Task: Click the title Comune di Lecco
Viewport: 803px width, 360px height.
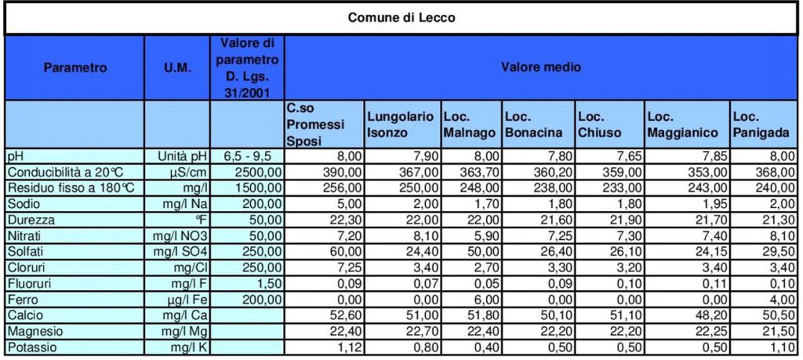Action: point(401,17)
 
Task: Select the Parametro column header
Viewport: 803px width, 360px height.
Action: point(74,67)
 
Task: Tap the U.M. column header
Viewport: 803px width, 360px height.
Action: point(177,67)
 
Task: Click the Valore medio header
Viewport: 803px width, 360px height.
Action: point(541,67)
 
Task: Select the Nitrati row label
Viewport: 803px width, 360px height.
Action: point(24,235)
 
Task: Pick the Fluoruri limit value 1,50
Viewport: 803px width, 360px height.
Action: point(267,282)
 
